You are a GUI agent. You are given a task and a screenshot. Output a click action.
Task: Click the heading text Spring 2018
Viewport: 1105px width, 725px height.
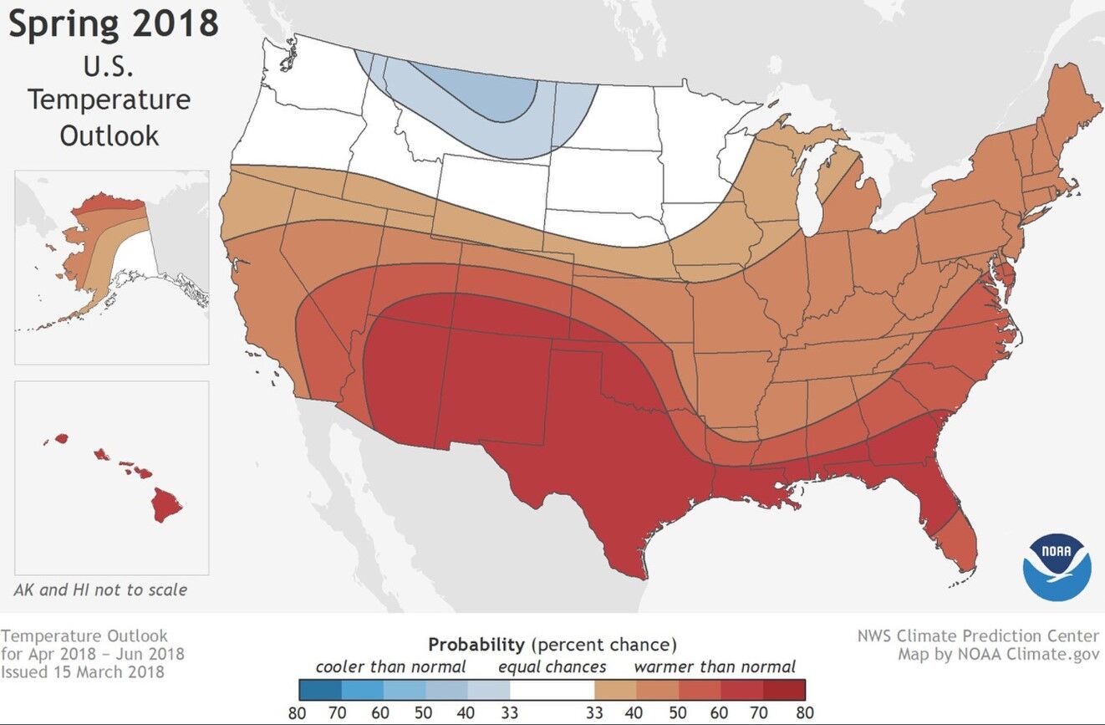point(114,24)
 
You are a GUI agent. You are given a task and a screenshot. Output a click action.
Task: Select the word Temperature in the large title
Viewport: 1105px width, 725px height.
point(109,100)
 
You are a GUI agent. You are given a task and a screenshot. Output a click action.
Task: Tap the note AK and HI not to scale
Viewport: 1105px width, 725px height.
point(100,590)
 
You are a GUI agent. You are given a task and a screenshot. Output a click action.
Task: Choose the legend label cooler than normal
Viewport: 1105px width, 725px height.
point(390,666)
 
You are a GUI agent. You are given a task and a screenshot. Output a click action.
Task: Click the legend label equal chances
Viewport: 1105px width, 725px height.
point(552,666)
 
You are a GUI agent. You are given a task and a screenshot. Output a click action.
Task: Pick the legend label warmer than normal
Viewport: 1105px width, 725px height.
point(715,666)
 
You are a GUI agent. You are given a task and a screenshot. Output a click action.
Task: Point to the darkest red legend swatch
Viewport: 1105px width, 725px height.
point(784,689)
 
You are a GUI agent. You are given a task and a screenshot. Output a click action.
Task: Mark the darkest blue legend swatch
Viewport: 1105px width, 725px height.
point(320,689)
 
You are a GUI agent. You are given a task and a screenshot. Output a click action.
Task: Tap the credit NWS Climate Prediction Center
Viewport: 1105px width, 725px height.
point(978,636)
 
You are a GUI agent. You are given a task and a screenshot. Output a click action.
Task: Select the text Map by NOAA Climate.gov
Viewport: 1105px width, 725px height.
point(999,653)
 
